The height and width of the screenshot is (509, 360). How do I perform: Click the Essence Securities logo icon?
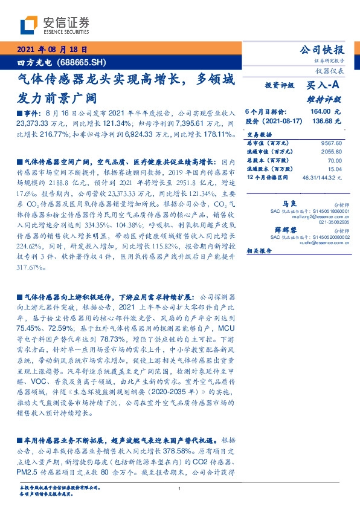29,24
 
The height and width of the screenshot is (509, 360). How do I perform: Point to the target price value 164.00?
320,112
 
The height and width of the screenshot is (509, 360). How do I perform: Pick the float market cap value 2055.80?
331,152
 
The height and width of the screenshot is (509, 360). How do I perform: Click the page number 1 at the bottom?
180,488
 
